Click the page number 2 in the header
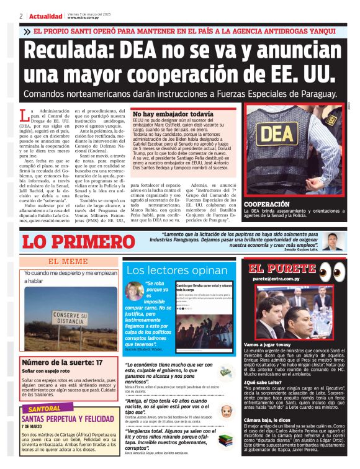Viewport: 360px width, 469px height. [x=21, y=16]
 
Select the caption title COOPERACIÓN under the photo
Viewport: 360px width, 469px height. [x=267, y=203]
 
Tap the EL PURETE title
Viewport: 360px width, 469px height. [x=282, y=269]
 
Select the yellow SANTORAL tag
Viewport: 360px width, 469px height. [x=44, y=409]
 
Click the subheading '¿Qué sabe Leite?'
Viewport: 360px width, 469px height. [x=263, y=383]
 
